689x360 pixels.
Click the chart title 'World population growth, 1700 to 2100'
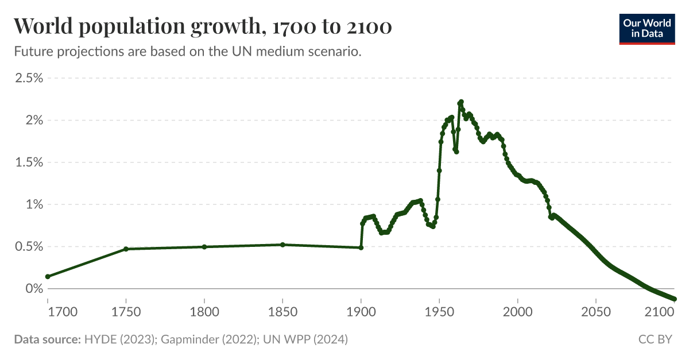pyautogui.click(x=203, y=26)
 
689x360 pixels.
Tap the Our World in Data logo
pyautogui.click(x=647, y=27)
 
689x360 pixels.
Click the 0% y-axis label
pyautogui.click(x=33, y=289)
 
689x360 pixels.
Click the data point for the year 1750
pyautogui.click(x=126, y=249)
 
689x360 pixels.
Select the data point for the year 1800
pyautogui.click(x=204, y=247)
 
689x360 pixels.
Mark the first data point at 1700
pyautogui.click(x=48, y=277)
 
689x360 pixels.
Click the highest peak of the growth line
pyautogui.click(x=461, y=102)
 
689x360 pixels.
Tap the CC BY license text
pyautogui.click(x=655, y=339)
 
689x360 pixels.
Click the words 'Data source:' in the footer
pyautogui.click(x=47, y=339)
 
